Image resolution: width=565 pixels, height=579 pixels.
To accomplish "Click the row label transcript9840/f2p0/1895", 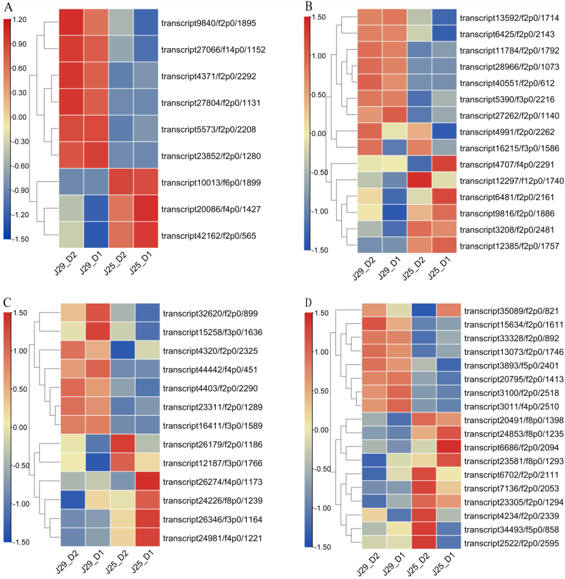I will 208,23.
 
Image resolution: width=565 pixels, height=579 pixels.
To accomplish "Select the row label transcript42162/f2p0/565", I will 208,236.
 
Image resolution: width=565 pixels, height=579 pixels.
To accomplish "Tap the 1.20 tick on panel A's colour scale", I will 19,20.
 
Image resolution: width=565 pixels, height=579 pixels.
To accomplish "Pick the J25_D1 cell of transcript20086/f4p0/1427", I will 146,208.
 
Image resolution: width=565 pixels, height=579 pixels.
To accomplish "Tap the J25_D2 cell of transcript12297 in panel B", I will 419,180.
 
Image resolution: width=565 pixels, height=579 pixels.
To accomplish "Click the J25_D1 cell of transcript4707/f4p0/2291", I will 444,164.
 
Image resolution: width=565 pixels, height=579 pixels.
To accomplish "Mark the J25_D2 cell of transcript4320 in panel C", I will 123,350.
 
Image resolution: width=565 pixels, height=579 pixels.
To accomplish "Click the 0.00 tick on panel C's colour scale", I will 20,427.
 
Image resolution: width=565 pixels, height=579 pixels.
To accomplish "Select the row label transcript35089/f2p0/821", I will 511,311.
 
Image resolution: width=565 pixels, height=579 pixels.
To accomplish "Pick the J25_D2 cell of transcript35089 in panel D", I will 424,310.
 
